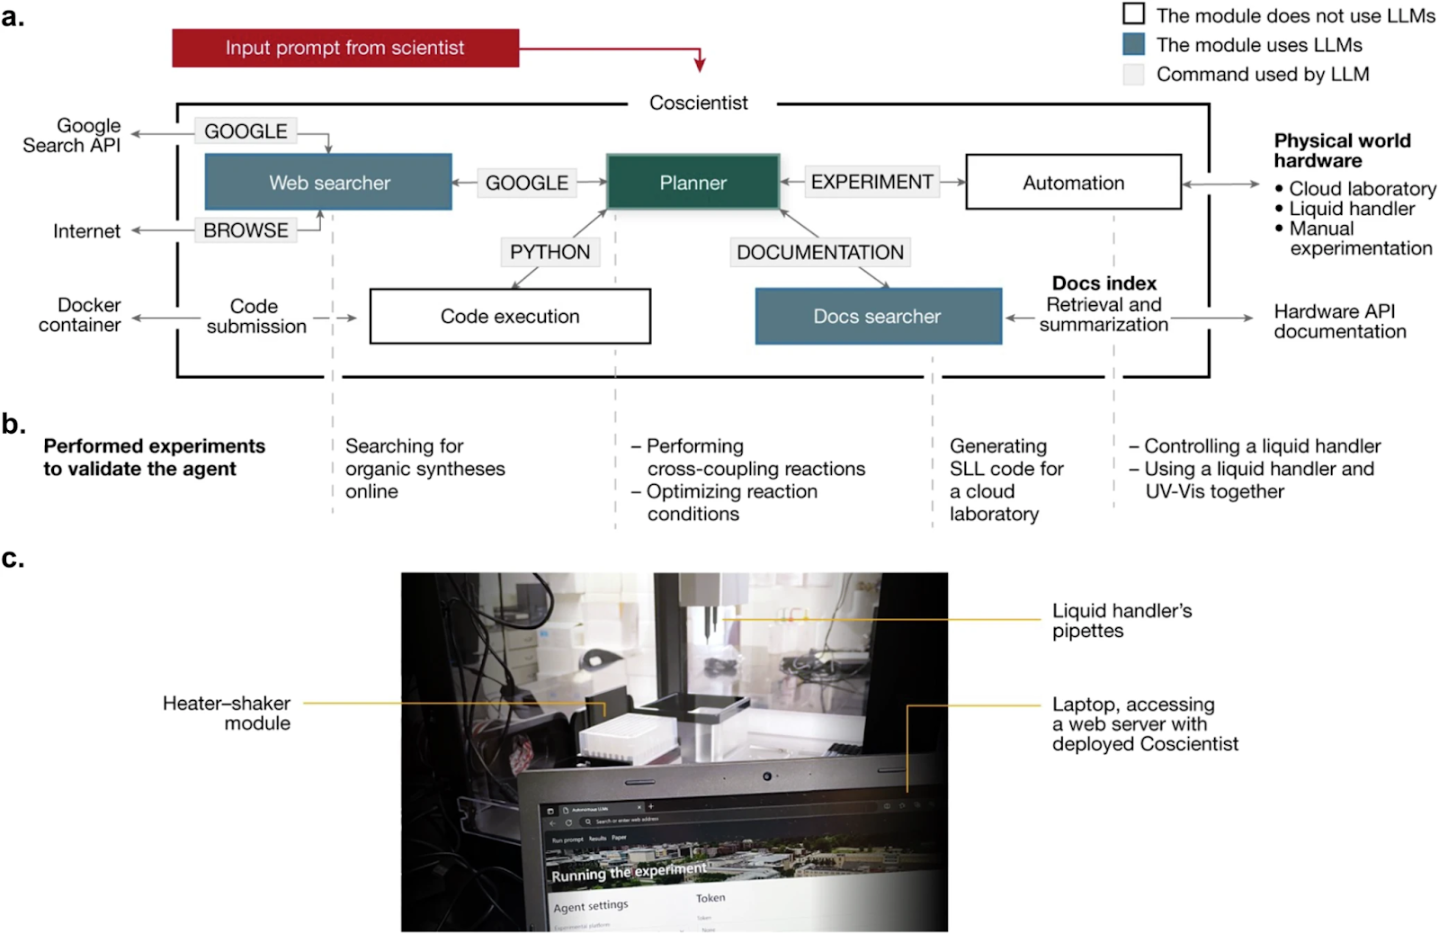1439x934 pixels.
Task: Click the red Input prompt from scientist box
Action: pyautogui.click(x=345, y=48)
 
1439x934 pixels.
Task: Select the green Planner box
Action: pyautogui.click(x=693, y=183)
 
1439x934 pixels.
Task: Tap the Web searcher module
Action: pyautogui.click(x=328, y=183)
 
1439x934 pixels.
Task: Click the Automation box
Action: pyautogui.click(x=1073, y=183)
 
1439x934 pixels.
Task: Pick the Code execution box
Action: pyautogui.click(x=510, y=316)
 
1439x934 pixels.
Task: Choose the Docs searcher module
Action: pyautogui.click(x=878, y=316)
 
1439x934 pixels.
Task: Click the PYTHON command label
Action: pyautogui.click(x=550, y=252)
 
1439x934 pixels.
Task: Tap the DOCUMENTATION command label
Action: pyautogui.click(x=819, y=252)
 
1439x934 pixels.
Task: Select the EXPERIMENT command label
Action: pyautogui.click(x=871, y=183)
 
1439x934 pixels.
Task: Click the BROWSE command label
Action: pyautogui.click(x=246, y=230)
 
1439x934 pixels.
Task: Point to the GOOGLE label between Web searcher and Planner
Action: pyautogui.click(x=526, y=183)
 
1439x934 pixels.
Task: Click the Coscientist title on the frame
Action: pyautogui.click(x=698, y=103)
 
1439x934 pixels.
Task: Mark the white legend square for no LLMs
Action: pyautogui.click(x=1134, y=14)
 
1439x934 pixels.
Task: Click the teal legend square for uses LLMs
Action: pyautogui.click(x=1134, y=44)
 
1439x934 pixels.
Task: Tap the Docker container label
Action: pyautogui.click(x=79, y=315)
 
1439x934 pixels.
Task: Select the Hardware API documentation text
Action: pyautogui.click(x=1339, y=321)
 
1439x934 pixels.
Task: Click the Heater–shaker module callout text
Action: pyautogui.click(x=227, y=713)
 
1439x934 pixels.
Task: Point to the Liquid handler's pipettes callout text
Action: pyautogui.click(x=1122, y=620)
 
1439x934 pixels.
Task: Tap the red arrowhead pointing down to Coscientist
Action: pyautogui.click(x=700, y=66)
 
